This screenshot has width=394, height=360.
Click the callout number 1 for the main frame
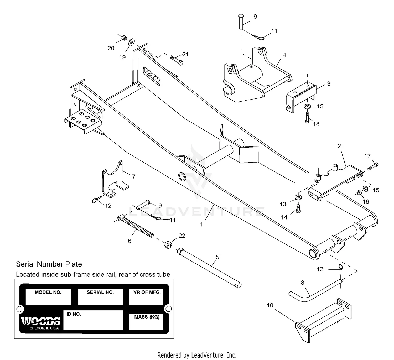(201, 225)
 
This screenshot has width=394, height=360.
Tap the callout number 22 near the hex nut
(182, 236)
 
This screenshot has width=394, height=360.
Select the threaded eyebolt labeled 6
(137, 227)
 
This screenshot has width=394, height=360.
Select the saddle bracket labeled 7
(115, 179)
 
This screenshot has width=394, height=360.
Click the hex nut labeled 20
(124, 38)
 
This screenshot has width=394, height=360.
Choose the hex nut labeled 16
(359, 193)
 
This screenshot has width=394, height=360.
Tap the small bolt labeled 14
(298, 208)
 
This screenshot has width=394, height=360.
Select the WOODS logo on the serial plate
(41, 321)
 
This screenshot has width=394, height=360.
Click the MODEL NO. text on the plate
(48, 292)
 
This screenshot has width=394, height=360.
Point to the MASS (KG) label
(147, 317)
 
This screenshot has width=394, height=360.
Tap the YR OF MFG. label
(147, 292)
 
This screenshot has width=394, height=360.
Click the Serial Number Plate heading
(49, 264)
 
